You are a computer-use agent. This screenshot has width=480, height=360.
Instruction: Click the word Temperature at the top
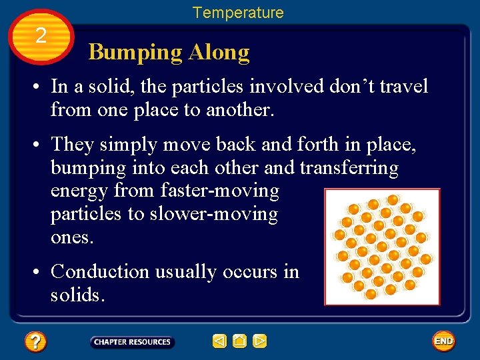[238, 13]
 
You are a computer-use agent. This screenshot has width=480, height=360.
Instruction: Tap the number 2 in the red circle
[41, 36]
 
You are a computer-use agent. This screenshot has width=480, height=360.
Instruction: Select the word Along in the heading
[219, 53]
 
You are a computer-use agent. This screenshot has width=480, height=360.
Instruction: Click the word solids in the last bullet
[77, 295]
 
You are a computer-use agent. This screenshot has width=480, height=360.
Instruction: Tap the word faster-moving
[220, 191]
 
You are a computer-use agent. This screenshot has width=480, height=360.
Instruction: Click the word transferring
[349, 168]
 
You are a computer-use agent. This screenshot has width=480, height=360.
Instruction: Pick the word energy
[80, 191]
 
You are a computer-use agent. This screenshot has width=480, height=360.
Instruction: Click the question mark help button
[35, 342]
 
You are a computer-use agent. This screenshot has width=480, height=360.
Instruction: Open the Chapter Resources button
[132, 342]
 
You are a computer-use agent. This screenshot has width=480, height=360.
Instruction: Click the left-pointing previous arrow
[219, 341]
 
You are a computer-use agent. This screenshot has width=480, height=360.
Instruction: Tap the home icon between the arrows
[240, 341]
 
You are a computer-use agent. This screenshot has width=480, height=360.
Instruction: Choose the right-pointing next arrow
[260, 341]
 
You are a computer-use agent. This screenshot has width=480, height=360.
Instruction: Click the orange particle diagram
[382, 247]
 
